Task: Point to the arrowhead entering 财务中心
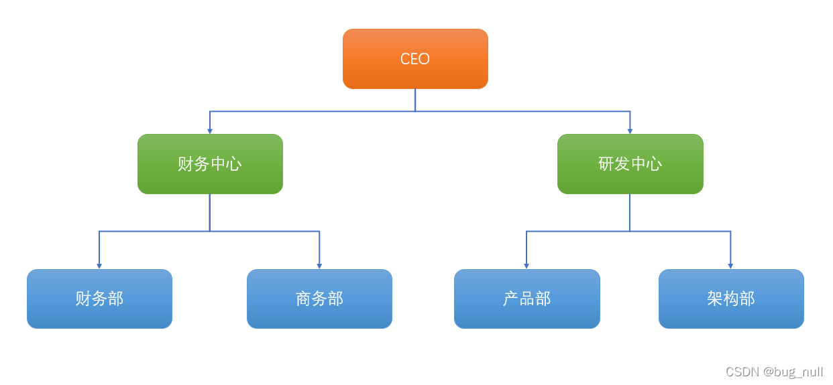pos(210,131)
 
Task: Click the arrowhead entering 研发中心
pos(630,131)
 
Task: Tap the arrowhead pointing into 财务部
pos(99,266)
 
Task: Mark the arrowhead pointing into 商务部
pos(319,266)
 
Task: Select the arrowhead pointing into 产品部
pos(526,266)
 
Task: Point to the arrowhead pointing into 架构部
pos(730,266)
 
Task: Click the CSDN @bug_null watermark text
pos(774,372)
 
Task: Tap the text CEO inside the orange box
pos(415,59)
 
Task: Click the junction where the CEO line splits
pos(415,111)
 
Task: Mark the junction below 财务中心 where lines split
pos(210,232)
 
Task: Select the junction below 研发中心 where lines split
pos(630,232)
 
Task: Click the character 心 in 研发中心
pos(655,164)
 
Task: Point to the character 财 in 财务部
pos(83,299)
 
